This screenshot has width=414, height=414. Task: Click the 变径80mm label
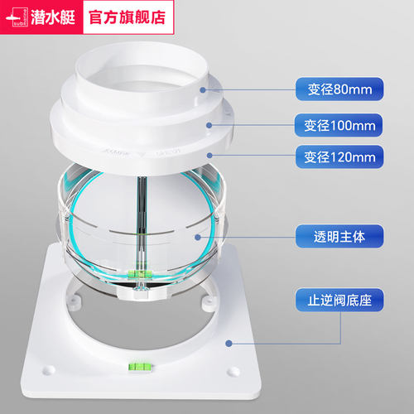[x=339, y=89]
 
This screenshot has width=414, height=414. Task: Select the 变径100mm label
[x=339, y=125]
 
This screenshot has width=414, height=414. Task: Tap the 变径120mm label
[x=339, y=156]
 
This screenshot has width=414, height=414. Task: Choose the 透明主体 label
[x=339, y=236]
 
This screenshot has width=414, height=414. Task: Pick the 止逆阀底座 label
[x=339, y=300]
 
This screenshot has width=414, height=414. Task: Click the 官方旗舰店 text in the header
[x=128, y=17]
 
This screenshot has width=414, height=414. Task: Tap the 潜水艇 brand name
[x=53, y=17]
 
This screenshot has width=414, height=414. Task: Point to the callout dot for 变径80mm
[x=203, y=89]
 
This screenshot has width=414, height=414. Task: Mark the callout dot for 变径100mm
[x=209, y=125]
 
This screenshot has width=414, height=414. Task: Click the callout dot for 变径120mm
[x=209, y=156]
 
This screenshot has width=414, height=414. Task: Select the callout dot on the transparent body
[x=198, y=237]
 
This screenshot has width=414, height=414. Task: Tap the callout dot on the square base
[x=229, y=344]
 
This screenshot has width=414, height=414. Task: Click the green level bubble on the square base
[x=141, y=367]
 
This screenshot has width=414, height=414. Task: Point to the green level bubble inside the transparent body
[x=141, y=274]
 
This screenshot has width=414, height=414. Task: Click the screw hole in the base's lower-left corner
[x=49, y=370]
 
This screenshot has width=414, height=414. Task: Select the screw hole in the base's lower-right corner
[x=233, y=371]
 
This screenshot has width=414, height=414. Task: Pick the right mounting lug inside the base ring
[x=208, y=302]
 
